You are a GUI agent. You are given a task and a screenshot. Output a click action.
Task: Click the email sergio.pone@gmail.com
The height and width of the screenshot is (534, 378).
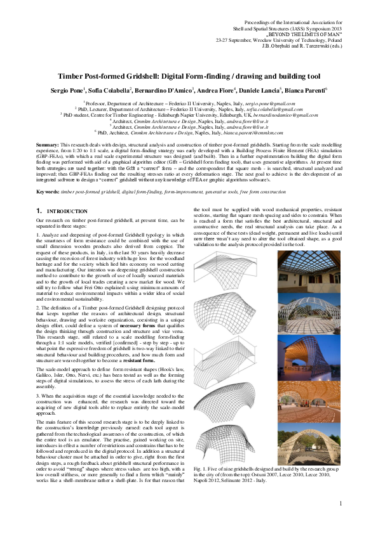coord(262,102)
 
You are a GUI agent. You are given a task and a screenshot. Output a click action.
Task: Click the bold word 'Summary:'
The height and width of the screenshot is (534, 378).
coord(48,145)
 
